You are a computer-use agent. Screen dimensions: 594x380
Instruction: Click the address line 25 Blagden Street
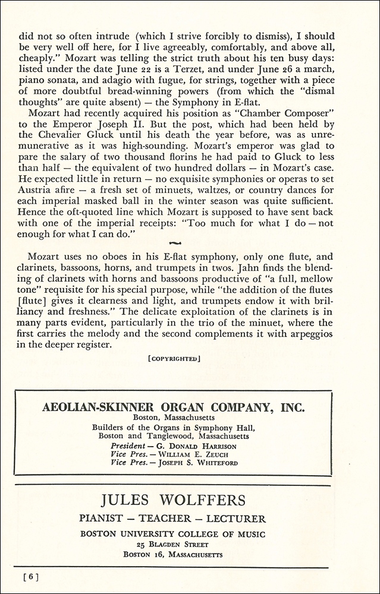point(172,544)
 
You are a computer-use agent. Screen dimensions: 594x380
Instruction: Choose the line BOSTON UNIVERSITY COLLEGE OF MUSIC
point(172,533)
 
